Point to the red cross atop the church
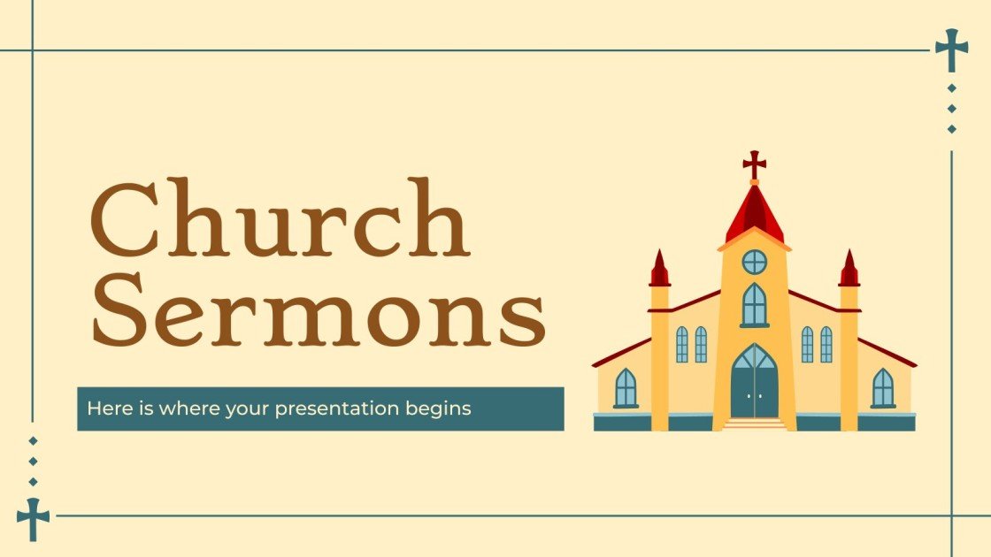(754, 164)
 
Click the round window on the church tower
(754, 262)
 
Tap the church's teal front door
(754, 382)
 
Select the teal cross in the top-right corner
(951, 50)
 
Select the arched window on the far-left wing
(626, 388)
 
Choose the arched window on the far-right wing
(882, 388)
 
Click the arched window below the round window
(754, 305)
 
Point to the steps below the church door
(754, 424)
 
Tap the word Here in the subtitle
(104, 408)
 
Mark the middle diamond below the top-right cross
(951, 109)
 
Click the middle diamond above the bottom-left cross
(33, 461)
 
